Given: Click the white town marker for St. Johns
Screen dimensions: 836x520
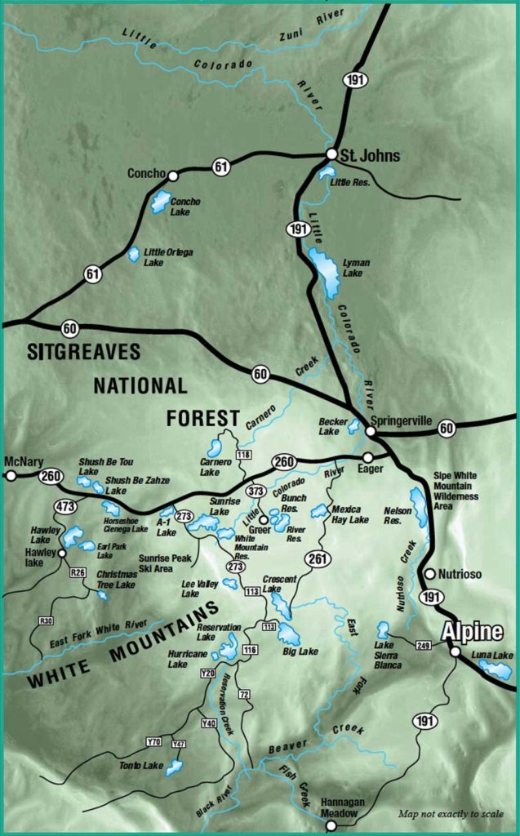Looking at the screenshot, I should tap(331, 153).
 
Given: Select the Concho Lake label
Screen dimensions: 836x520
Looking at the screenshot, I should tap(185, 207).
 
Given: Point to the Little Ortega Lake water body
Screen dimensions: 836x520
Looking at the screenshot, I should tap(133, 255).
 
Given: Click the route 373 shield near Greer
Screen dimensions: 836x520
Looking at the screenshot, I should tap(256, 491).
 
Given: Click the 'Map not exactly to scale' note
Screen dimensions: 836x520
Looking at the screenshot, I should tap(451, 814).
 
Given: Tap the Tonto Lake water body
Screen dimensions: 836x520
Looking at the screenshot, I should tap(174, 767).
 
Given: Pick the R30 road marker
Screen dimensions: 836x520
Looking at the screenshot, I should tap(46, 621).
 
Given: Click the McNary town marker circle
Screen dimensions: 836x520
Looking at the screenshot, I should tap(11, 474).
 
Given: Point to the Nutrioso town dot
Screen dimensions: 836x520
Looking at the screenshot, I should tap(429, 574).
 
